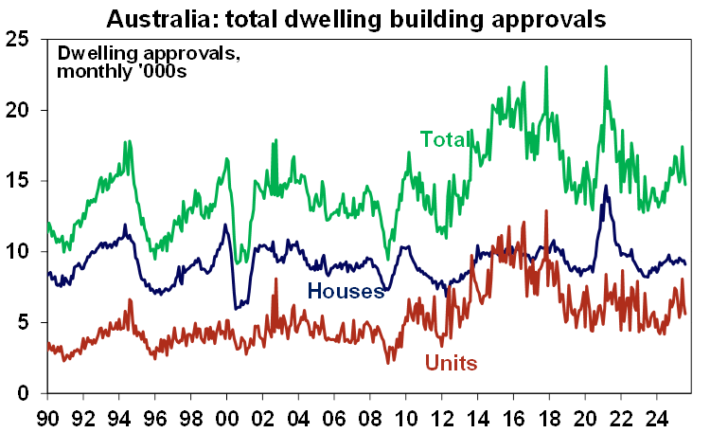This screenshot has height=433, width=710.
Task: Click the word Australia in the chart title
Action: point(156,17)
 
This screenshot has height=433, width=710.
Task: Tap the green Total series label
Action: point(446,140)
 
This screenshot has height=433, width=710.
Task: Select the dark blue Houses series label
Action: point(347,291)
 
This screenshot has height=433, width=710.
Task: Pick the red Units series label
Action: point(451,363)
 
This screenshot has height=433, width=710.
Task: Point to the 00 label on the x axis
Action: point(226,415)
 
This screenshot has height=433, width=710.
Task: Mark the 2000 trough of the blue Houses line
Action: point(235,308)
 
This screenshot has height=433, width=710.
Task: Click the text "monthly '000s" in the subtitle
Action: point(121,71)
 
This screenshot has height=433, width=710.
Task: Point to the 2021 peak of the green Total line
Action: point(605,66)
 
